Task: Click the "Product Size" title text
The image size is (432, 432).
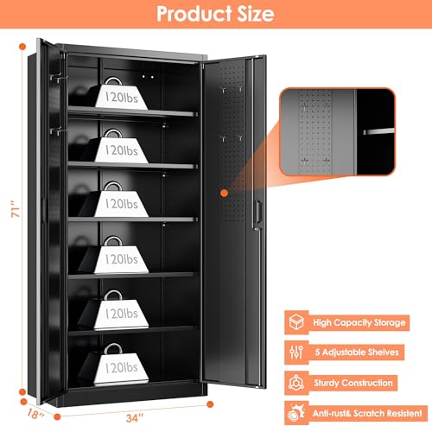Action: tap(215, 14)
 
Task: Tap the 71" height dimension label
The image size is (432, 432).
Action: tap(16, 209)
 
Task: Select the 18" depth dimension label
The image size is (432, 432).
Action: tap(35, 414)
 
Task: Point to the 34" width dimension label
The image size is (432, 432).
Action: tap(135, 417)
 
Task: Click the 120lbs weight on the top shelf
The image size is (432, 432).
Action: tap(121, 93)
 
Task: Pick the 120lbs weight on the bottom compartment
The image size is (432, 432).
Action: tap(121, 365)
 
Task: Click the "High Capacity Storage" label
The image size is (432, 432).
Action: tap(359, 322)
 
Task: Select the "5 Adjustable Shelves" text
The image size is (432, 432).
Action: tap(357, 353)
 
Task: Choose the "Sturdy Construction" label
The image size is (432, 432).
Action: tap(353, 383)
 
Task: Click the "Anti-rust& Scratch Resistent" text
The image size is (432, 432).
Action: tap(367, 413)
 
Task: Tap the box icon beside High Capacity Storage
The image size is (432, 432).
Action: tap(296, 322)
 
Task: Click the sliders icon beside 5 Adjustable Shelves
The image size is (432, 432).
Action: tap(296, 352)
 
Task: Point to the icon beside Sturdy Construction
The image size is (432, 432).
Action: tap(296, 383)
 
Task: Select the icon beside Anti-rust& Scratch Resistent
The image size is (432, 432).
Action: tap(296, 413)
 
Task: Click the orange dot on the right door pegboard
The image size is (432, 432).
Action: tap(224, 194)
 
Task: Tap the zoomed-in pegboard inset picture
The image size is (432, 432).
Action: tap(338, 131)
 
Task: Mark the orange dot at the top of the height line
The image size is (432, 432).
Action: tap(22, 47)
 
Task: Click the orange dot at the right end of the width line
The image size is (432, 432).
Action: tap(210, 404)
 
